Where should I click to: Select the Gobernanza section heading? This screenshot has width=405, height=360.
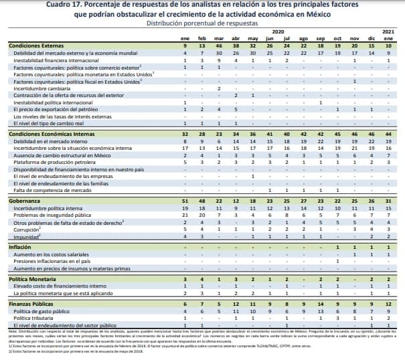24,201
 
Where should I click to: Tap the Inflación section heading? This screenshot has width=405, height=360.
19,247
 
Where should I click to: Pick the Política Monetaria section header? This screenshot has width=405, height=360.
31,278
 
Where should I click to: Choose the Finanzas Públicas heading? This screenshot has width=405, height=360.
30,304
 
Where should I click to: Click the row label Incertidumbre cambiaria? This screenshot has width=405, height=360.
43,88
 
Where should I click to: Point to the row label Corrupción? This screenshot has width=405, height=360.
28,230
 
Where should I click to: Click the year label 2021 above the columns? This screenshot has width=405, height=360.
388,31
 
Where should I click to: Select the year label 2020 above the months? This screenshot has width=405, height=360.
278,31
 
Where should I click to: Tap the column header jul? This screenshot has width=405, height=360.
286,38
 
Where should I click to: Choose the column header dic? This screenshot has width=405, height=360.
372,38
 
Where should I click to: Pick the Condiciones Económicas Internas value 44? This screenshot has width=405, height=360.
388,134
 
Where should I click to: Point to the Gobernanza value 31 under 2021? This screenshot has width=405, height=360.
388,201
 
